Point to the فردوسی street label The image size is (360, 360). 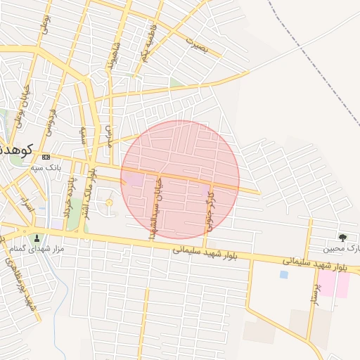click(51, 121)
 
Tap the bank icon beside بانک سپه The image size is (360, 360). click(46, 157)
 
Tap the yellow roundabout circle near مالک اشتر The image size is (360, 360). click(109, 203)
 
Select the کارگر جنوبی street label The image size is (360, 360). click(210, 214)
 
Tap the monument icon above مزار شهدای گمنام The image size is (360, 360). click(37, 238)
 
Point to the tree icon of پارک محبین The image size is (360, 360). click(342, 238)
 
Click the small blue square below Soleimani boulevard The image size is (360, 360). click(283, 274)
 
